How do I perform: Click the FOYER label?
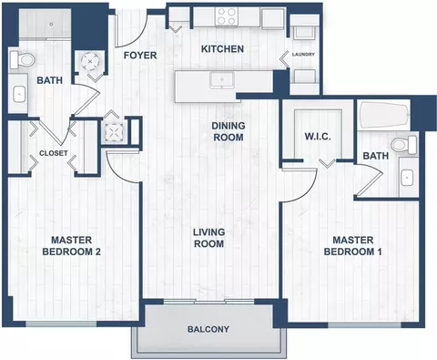point(140,56)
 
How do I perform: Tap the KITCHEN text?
point(222,49)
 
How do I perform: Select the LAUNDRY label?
point(303,55)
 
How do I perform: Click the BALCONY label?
point(208,329)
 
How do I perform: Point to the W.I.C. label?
point(318,137)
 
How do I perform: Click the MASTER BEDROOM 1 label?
point(353,246)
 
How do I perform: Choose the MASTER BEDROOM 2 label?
point(72,246)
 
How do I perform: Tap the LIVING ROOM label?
point(209,238)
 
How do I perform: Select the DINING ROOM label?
point(229,131)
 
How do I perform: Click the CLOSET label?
point(54,153)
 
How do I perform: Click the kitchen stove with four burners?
point(227,16)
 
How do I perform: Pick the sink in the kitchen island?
point(222,80)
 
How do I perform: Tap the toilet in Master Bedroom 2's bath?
point(22,59)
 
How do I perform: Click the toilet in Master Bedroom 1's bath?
point(404,145)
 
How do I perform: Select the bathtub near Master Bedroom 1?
point(384,117)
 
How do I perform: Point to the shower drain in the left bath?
point(51,24)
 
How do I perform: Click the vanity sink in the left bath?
point(19,94)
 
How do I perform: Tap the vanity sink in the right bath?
point(406,178)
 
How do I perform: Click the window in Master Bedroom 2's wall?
point(61,324)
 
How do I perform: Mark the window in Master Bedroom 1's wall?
point(364,325)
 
